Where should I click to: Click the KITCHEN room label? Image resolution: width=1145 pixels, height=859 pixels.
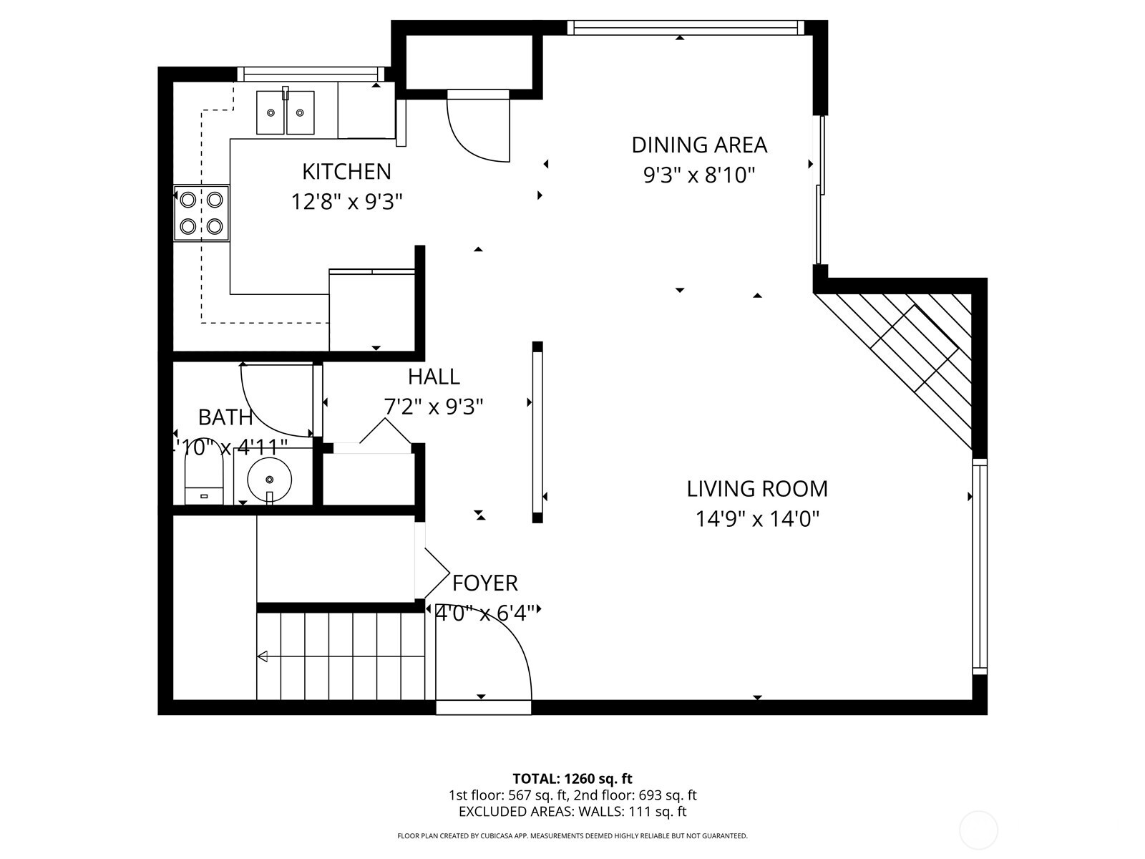click(346, 172)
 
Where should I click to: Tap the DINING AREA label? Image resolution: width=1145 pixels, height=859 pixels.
click(698, 145)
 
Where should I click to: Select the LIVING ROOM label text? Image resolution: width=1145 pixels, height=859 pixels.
click(756, 489)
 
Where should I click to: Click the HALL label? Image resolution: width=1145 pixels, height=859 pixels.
click(434, 377)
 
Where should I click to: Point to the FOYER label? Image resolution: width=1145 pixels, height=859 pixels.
click(484, 583)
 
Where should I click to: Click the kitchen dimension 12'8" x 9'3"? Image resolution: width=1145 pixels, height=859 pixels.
click(346, 203)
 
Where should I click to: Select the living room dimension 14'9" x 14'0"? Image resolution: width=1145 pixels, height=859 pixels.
click(756, 519)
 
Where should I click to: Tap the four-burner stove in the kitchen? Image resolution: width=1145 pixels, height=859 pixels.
click(201, 213)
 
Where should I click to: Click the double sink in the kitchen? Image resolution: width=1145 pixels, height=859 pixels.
click(286, 112)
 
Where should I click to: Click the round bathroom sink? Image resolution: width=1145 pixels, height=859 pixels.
click(270, 478)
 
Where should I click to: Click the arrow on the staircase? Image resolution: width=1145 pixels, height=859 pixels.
click(263, 656)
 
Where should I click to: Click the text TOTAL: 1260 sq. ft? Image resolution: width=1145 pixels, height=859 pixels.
click(572, 779)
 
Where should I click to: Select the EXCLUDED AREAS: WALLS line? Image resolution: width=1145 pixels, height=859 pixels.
click(572, 812)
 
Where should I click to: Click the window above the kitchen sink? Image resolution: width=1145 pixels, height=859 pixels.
click(309, 73)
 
